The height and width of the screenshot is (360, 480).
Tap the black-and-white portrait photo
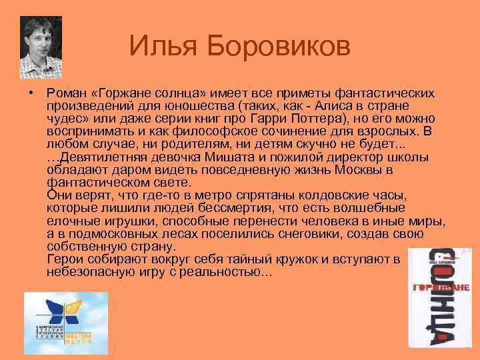coord(41,47)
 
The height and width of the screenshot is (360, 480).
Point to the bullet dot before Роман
coord(31,93)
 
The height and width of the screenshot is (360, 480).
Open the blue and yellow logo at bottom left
coord(65,322)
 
